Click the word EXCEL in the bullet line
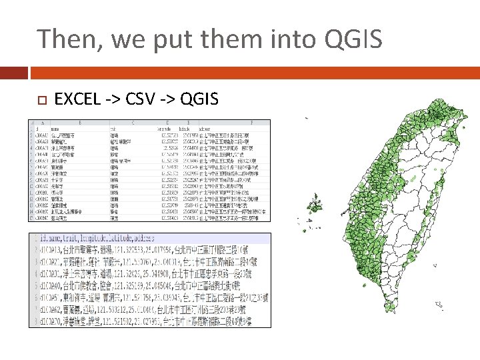coord(77,100)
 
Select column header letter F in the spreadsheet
coord(251,123)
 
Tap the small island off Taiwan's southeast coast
coord(439,305)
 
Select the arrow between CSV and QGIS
coord(169,100)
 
